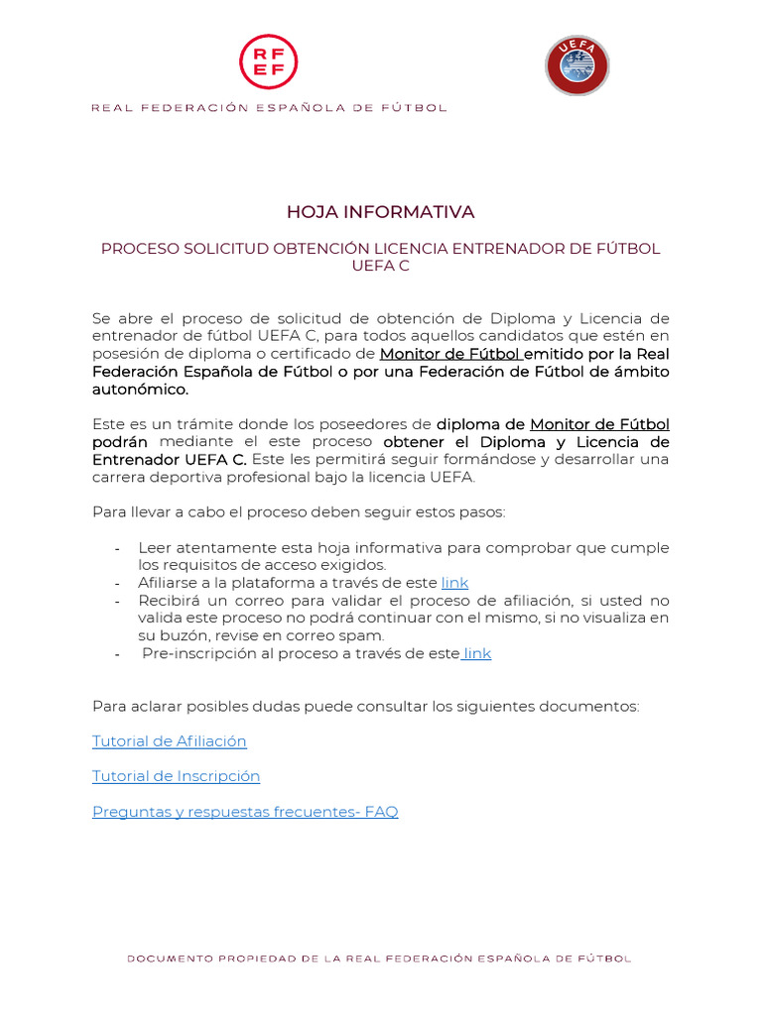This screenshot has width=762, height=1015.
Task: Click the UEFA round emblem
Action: click(576, 65)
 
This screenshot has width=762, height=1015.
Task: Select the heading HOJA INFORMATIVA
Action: click(381, 212)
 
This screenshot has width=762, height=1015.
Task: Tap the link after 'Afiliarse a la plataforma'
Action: click(454, 583)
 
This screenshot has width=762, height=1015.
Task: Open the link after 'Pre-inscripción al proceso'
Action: click(477, 653)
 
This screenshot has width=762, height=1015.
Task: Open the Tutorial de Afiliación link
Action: click(170, 741)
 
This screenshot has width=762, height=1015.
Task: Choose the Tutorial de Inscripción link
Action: click(176, 776)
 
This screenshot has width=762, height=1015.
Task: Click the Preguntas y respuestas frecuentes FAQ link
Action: click(245, 812)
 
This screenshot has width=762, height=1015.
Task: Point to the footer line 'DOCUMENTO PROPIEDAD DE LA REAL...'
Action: click(379, 959)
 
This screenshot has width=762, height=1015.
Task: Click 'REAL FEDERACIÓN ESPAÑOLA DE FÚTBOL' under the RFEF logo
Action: click(269, 108)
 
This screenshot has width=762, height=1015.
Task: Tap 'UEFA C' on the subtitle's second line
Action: click(380, 266)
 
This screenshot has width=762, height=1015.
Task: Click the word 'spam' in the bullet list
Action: click(364, 635)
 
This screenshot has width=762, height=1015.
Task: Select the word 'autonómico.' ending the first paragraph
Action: click(140, 390)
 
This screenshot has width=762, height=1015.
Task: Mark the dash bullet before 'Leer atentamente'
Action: click(118, 548)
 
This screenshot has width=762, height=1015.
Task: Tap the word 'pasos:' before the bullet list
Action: click(481, 512)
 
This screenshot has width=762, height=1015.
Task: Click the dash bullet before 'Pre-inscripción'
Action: click(118, 654)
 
